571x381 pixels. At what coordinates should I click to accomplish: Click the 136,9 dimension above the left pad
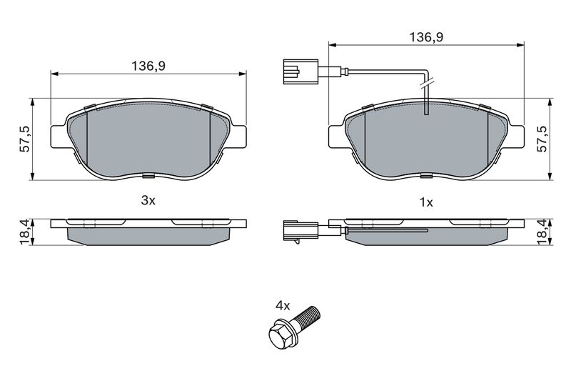click(148, 66)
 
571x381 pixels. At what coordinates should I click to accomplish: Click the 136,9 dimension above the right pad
click(426, 37)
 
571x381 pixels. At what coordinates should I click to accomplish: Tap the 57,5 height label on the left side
click(26, 139)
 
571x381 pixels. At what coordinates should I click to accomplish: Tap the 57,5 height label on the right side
click(542, 139)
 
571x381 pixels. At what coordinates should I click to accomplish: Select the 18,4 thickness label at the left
click(26, 232)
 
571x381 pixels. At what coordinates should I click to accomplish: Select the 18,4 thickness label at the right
click(542, 232)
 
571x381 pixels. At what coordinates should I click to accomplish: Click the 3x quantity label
click(148, 200)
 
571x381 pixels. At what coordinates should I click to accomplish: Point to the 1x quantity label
click(426, 202)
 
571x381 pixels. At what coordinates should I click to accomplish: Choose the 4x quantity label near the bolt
click(283, 305)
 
